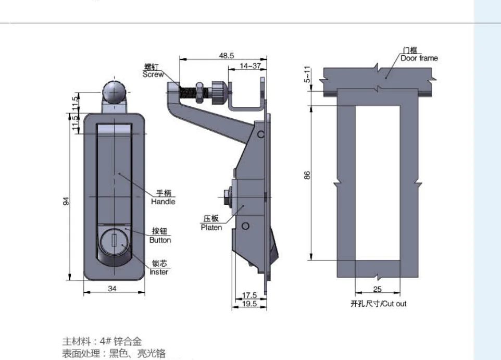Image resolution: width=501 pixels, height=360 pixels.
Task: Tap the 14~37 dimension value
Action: [x=250, y=66]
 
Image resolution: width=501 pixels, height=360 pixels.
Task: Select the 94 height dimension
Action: [x=67, y=201]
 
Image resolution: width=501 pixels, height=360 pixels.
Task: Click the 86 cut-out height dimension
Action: [x=307, y=176]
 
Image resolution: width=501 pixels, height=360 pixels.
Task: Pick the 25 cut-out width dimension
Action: [x=378, y=289]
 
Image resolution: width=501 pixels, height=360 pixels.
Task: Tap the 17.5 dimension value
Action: [x=249, y=295]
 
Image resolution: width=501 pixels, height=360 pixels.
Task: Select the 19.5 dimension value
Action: [x=249, y=304]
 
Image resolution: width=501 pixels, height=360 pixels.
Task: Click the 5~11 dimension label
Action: [x=307, y=74]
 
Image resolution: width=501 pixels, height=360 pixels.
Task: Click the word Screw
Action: [x=153, y=75]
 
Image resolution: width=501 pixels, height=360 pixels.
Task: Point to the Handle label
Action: [x=163, y=202]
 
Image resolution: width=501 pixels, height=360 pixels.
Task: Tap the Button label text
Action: [x=160, y=240]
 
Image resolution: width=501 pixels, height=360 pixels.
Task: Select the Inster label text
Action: [x=159, y=272]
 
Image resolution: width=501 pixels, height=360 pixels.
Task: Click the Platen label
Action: [x=211, y=227]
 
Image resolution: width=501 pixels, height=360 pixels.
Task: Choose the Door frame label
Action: [x=419, y=58]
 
